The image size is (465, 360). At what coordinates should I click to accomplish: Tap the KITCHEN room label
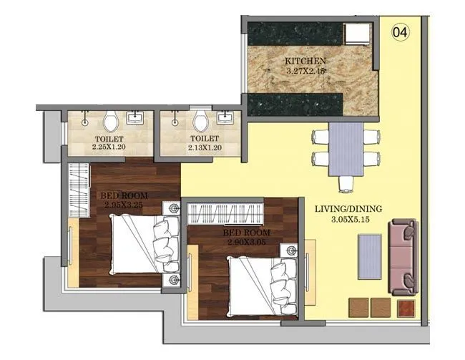tap(305, 62)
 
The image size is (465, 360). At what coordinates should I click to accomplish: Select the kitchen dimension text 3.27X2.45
tap(305, 72)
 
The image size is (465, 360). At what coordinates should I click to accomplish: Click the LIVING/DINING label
tap(348, 208)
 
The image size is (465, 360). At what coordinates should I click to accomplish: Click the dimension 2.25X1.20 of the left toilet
tap(109, 147)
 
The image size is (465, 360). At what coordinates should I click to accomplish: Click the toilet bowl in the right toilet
tap(200, 121)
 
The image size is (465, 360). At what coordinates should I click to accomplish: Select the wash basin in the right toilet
tap(225, 118)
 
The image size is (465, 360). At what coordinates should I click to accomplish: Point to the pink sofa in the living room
tap(403, 257)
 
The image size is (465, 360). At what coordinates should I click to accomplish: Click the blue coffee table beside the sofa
tap(369, 254)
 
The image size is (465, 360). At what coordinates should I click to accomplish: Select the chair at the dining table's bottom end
tap(347, 184)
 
